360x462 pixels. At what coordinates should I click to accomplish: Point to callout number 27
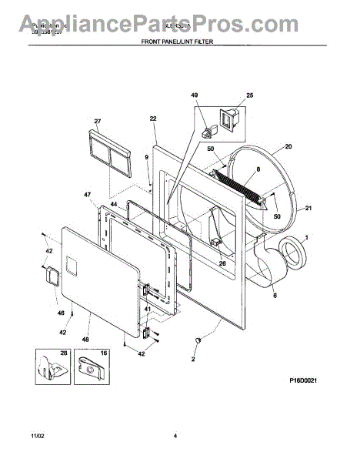point(98,121)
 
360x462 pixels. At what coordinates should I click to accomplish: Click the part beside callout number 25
point(228,116)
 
